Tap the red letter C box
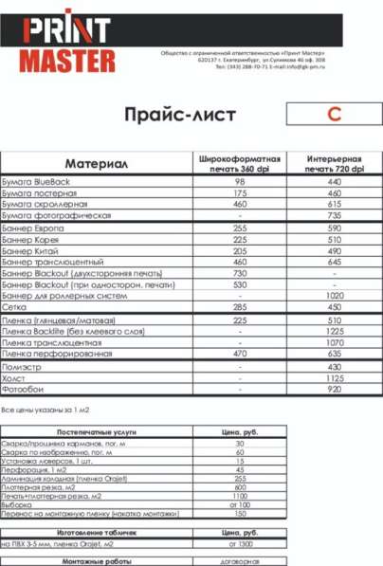[333, 115]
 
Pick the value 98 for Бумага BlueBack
[240, 181]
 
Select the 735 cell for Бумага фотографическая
[334, 215]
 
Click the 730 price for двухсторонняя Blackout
[240, 272]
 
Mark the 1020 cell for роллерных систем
[334, 295]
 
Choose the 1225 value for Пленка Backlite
[334, 332]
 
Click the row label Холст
[14, 377]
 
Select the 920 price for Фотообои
[334, 389]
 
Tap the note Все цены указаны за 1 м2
[42, 411]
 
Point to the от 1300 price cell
[240, 545]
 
